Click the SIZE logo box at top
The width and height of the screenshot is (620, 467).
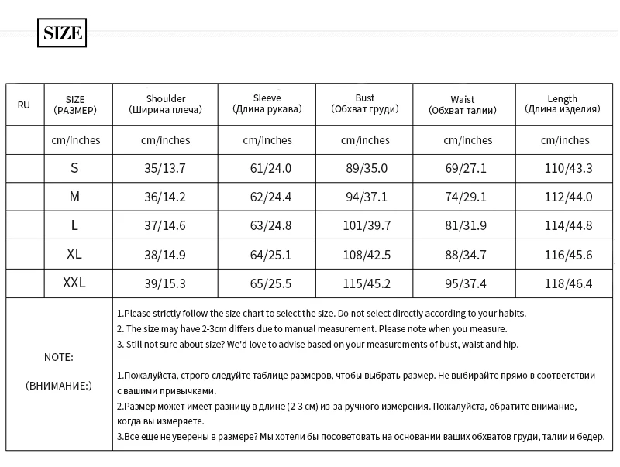62,33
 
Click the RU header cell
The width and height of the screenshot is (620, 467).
24,105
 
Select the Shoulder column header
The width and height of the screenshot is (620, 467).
165,105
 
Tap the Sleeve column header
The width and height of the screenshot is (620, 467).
267,104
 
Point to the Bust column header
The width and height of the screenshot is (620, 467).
365,104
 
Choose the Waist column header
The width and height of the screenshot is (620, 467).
463,105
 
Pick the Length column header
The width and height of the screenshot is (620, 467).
563,104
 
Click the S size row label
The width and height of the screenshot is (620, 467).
74,168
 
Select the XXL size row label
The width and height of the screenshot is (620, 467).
74,283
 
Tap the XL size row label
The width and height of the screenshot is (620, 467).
74,254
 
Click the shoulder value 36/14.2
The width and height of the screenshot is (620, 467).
165,197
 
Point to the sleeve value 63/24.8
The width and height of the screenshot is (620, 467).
267,225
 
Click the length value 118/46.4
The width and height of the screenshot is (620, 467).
568,283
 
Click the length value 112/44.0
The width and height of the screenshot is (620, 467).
568,197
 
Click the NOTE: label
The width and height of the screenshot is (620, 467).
59,357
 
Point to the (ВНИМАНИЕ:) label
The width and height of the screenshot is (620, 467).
59,385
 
